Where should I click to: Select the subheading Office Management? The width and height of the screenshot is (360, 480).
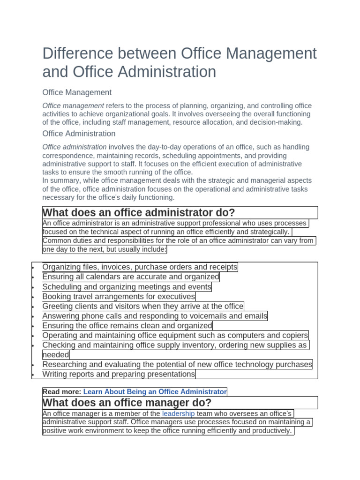click(77, 92)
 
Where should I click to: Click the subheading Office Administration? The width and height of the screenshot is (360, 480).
click(79, 134)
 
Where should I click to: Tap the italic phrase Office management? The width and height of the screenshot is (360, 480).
click(73, 106)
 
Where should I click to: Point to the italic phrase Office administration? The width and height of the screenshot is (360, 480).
click(75, 147)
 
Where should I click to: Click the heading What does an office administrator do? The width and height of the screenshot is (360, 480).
click(139, 212)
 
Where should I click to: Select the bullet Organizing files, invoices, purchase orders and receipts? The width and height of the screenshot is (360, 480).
click(140, 267)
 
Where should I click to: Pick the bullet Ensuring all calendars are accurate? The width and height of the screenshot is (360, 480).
click(131, 277)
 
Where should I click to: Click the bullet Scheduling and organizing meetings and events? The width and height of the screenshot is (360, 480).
click(127, 287)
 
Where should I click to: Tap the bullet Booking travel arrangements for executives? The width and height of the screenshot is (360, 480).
click(119, 297)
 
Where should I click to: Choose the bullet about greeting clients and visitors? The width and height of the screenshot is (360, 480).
click(143, 307)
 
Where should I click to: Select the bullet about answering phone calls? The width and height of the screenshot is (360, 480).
click(155, 316)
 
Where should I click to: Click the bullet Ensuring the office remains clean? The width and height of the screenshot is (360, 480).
click(127, 326)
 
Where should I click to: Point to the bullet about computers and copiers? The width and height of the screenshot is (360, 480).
click(175, 336)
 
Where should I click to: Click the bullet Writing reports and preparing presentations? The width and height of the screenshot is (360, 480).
click(119, 374)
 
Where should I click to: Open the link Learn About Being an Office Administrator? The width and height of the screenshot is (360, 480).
click(155, 392)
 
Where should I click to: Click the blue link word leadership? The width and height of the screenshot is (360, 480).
click(178, 413)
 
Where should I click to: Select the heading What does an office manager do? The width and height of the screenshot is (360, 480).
click(127, 403)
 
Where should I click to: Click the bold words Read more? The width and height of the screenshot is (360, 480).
click(62, 392)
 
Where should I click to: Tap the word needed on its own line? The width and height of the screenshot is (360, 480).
click(56, 355)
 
